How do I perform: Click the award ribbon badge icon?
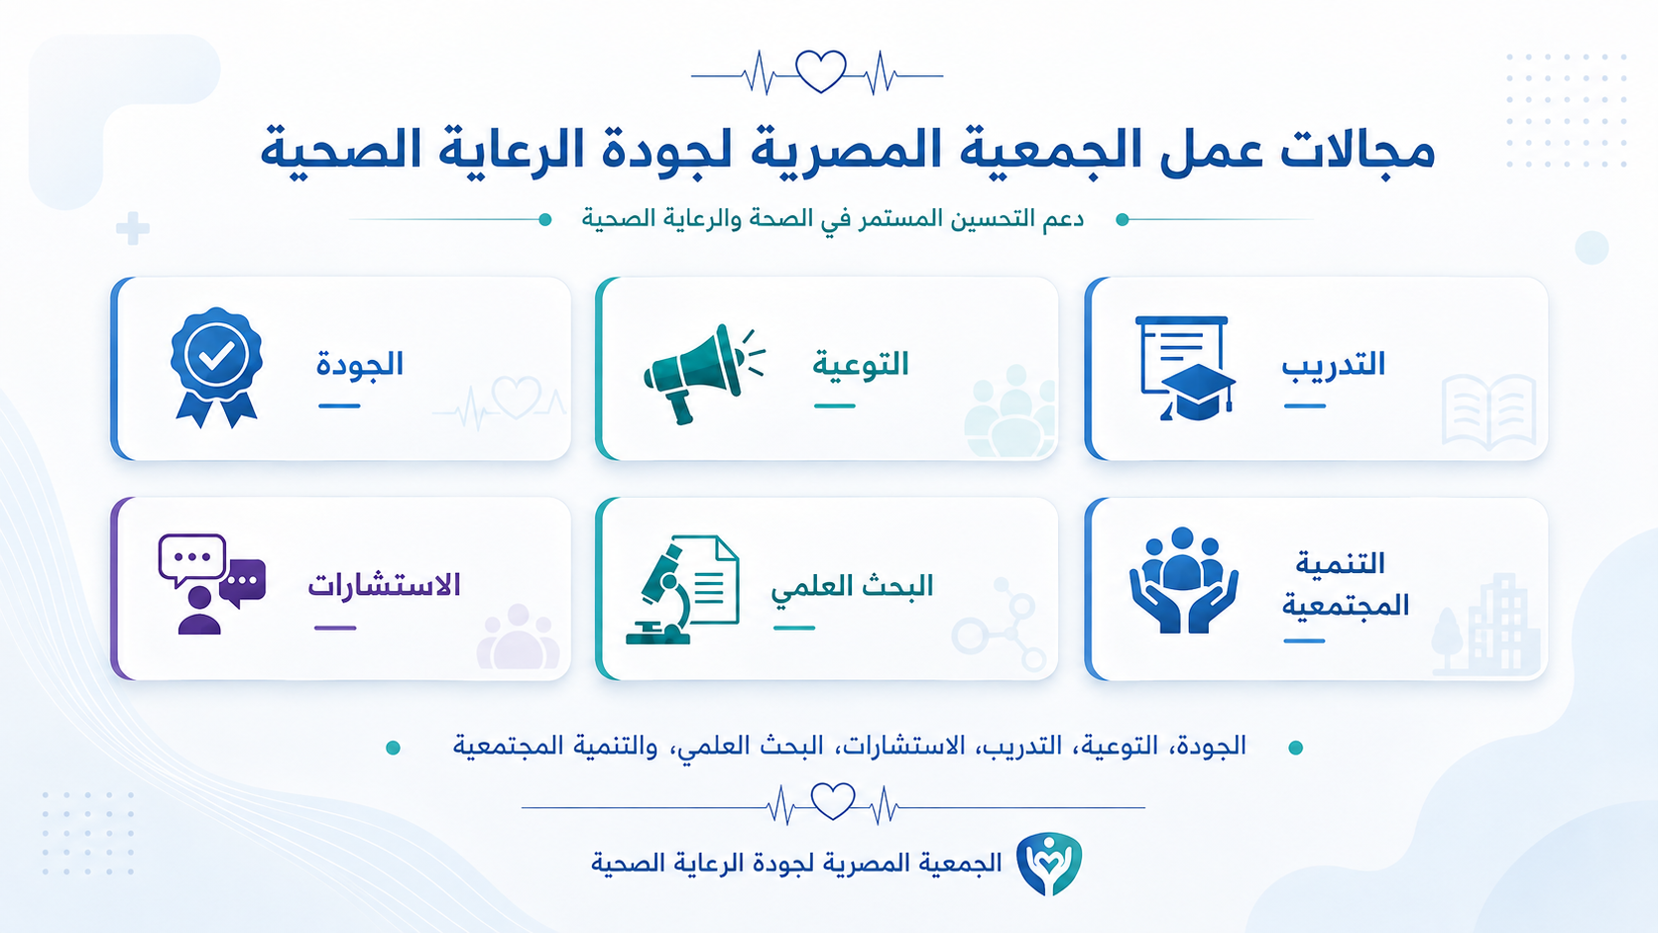tap(216, 368)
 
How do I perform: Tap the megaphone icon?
tap(703, 374)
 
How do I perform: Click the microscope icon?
tap(682, 589)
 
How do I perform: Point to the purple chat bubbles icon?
tap(211, 584)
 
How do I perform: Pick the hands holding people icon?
tap(1184, 580)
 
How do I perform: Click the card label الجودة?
tap(360, 364)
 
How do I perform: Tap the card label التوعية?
tap(860, 364)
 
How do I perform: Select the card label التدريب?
tap(1333, 364)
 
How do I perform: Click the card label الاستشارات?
tap(384, 585)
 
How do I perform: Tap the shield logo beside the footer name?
tap(1049, 863)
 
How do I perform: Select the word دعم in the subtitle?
tap(1062, 219)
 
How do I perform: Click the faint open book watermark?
tap(1488, 411)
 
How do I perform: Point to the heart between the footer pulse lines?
tap(833, 801)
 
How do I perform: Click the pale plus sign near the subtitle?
tap(133, 228)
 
